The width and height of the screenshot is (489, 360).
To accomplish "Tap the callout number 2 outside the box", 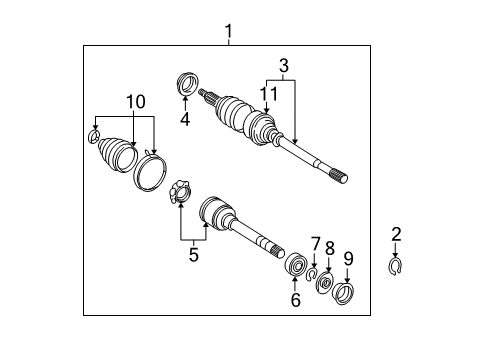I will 396,234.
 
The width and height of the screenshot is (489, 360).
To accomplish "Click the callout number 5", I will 193,254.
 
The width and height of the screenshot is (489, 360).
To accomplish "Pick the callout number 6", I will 294,299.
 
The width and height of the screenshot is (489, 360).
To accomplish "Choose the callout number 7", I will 315,243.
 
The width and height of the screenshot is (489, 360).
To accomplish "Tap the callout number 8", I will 330,248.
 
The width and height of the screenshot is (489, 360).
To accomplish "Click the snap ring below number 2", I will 395,266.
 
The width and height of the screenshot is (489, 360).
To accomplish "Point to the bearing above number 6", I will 295,266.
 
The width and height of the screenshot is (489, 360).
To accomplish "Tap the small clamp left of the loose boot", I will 94,138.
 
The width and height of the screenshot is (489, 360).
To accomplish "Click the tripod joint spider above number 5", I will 178,191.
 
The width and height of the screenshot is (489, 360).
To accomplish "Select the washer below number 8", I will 326,284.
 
